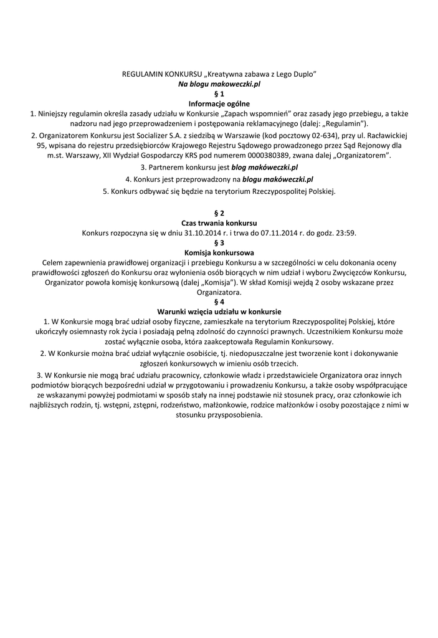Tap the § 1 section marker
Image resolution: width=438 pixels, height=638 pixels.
[x=219, y=93]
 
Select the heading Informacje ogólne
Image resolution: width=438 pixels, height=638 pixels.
[x=219, y=103]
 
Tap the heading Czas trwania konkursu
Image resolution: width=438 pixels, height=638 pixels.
[x=219, y=223]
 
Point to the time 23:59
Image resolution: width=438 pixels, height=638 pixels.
[x=346, y=233]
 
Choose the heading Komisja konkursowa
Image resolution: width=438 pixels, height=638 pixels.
[x=219, y=253]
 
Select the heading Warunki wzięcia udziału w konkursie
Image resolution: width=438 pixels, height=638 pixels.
[x=219, y=312]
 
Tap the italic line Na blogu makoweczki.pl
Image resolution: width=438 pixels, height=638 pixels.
[x=219, y=83]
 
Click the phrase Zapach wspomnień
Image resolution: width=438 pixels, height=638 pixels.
[x=256, y=113]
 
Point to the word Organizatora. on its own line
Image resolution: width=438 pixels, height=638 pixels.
[x=219, y=292]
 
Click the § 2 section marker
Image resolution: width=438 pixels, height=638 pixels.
[x=219, y=213]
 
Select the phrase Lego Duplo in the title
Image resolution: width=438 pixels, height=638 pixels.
[x=297, y=74]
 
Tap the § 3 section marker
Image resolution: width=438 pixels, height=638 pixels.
[x=219, y=243]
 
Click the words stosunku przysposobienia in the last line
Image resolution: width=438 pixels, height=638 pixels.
[x=219, y=415]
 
